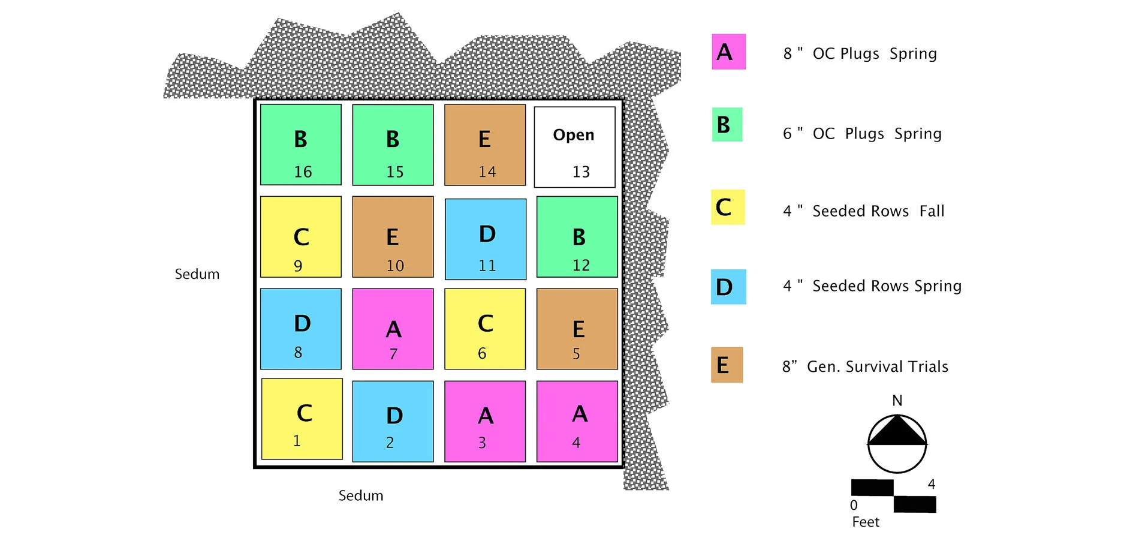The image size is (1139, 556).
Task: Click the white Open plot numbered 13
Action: pos(574,147)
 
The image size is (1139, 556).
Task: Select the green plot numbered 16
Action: pos(301,145)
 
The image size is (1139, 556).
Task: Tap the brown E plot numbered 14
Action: pos(485,145)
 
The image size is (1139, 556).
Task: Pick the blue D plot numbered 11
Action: pos(486,239)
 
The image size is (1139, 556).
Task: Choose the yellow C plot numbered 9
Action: pos(301,237)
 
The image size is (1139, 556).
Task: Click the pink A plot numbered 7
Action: pos(393,329)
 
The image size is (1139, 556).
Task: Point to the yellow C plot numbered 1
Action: pos(302,419)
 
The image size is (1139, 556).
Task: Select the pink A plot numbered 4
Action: pos(577,421)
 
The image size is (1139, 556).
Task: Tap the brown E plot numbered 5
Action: pos(577,329)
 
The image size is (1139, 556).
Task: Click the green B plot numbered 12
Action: pos(577,237)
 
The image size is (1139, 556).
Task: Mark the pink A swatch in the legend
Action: pos(728,52)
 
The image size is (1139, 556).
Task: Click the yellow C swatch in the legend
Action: pos(728,207)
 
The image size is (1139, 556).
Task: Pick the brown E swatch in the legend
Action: pos(727,365)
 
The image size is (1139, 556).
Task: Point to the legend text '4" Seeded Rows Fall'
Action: pos(863,211)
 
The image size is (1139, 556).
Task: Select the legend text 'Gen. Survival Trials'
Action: pos(877,366)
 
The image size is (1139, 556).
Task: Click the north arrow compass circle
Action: pos(897,444)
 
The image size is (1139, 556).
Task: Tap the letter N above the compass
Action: pos(897,401)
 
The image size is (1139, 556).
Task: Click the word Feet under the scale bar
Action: pos(866,522)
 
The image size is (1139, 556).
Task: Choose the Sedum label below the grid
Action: pos(361,495)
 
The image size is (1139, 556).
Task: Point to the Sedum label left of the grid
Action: pos(197,274)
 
